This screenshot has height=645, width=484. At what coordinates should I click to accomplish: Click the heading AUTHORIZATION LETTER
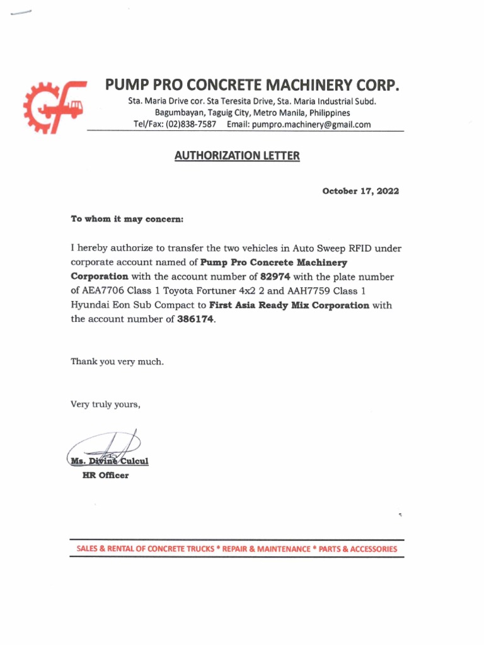(237, 156)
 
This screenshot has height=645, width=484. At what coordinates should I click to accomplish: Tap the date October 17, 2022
(360, 191)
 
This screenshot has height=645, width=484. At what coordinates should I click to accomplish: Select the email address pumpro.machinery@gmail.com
(311, 125)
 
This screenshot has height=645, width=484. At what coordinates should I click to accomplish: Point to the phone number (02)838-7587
(191, 125)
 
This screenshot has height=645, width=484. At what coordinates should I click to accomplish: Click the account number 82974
(274, 277)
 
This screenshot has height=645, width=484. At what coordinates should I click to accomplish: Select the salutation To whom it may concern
(127, 219)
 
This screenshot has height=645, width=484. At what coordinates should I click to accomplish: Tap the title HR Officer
(105, 476)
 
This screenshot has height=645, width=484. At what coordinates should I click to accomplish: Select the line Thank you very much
(117, 362)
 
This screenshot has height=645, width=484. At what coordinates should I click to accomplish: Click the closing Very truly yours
(105, 404)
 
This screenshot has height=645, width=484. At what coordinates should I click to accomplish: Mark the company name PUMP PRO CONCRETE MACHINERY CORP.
(252, 85)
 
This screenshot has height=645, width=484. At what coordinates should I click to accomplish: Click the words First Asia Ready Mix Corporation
(289, 305)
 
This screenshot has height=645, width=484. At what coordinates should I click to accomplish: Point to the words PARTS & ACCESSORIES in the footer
(358, 549)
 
